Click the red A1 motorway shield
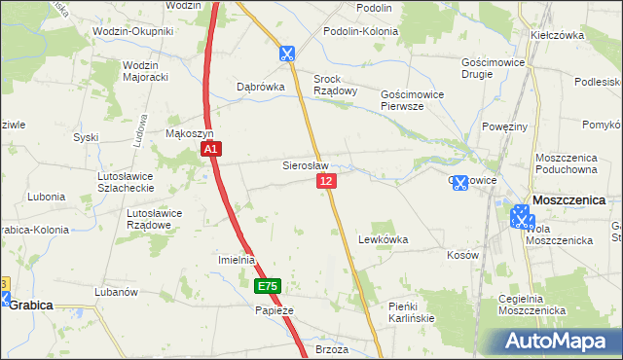tap(213, 149)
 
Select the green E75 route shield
tap(268, 287)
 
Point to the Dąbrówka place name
tap(261, 86)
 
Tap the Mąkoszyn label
tap(190, 133)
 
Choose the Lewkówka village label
tap(383, 238)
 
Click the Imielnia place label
tap(236, 260)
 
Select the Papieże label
tap(274, 310)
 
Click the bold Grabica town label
tap(31, 305)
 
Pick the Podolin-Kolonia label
tap(361, 32)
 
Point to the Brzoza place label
tap(332, 348)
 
